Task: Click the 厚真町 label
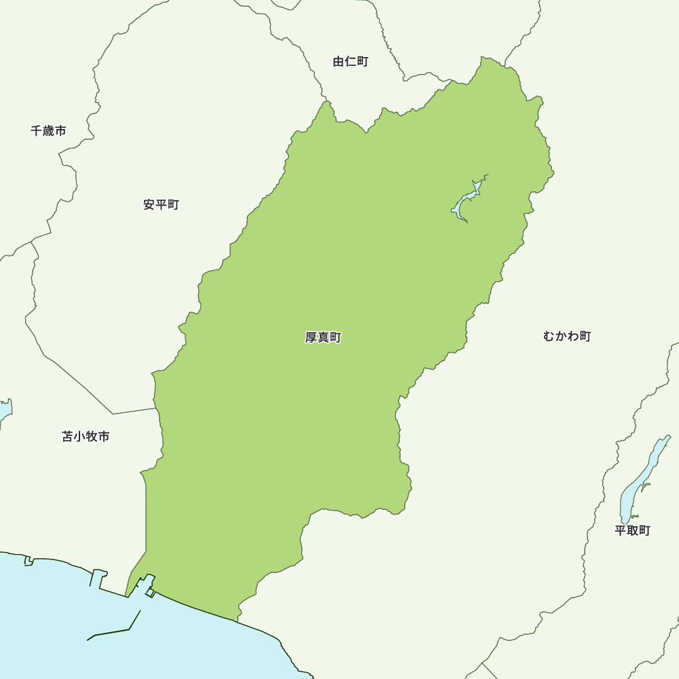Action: [323, 337]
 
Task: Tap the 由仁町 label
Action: [350, 62]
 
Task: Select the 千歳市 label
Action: [48, 130]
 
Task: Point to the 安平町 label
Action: [161, 204]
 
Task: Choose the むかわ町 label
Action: [567, 336]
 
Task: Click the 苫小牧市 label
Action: [86, 437]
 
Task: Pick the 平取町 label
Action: [632, 530]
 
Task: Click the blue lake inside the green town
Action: [466, 202]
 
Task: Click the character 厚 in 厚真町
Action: [311, 337]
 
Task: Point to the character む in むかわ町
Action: [549, 336]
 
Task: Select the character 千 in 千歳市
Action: [37, 130]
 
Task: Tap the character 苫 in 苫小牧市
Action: [68, 437]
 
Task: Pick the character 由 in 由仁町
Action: [339, 62]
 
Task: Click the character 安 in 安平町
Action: [149, 204]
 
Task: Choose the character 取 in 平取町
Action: [632, 530]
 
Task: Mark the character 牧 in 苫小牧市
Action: [92, 437]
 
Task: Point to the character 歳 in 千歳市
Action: [48, 130]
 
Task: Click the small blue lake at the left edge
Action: [4, 410]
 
